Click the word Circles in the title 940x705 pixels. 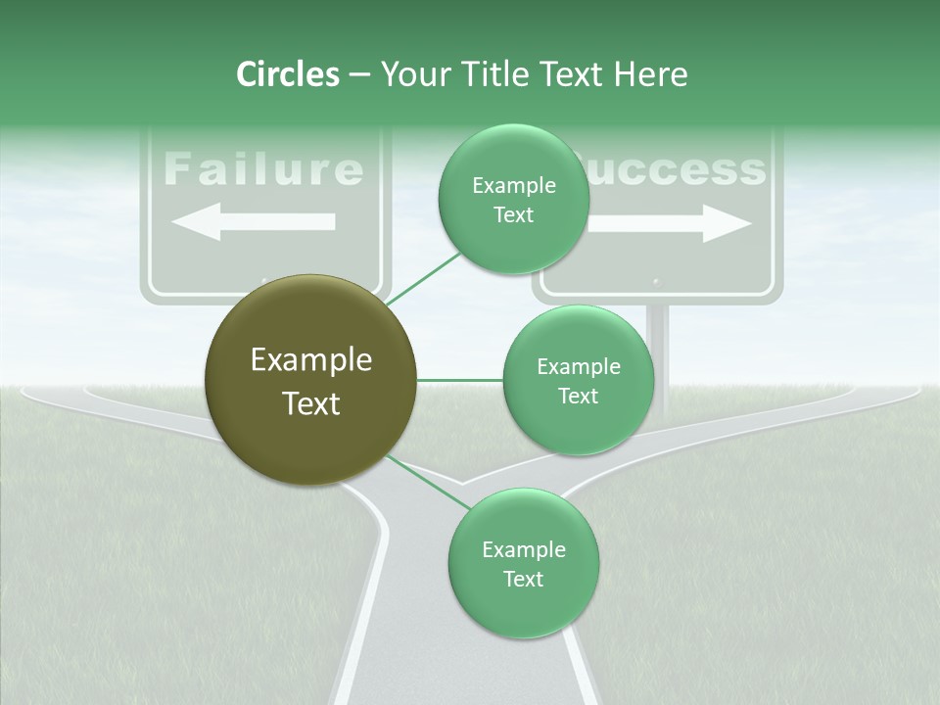(287, 74)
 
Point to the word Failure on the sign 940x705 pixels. (263, 169)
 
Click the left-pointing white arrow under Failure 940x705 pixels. (254, 222)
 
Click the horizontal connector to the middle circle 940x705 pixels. (460, 380)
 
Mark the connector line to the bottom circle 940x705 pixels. (429, 482)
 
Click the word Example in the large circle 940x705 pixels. (310, 360)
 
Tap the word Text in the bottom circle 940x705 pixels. (523, 579)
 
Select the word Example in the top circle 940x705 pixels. (513, 186)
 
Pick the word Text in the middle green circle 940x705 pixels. (578, 396)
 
